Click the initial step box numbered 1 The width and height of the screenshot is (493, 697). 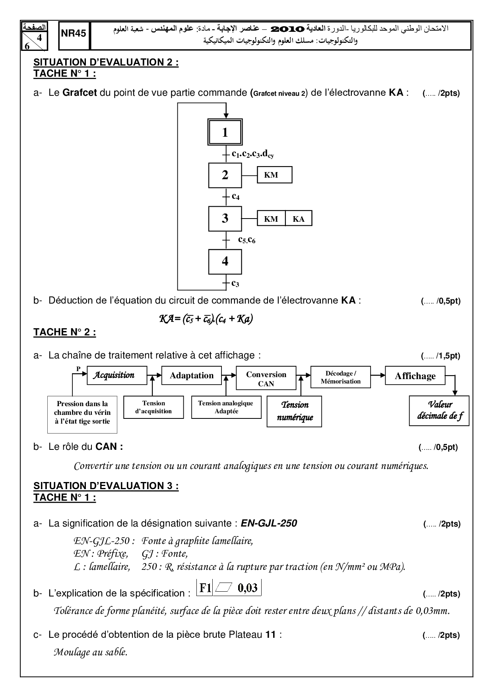coord(225,132)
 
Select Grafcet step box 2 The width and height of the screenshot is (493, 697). coord(225,175)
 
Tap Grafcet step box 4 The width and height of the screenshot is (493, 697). coord(225,261)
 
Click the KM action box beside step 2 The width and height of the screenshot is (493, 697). coord(274,175)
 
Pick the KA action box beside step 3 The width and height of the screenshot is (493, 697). coord(298,219)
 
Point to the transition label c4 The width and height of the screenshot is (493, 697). coord(236,196)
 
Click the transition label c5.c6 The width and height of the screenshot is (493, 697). coord(246,240)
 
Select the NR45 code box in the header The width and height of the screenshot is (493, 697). coord(74,34)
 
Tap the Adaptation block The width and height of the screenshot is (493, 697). coord(192,376)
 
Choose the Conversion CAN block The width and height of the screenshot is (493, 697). coord(266,379)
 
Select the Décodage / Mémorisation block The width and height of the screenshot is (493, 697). coord(340,378)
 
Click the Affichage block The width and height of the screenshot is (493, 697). coord(415,376)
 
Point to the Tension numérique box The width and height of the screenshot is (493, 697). coord(294,411)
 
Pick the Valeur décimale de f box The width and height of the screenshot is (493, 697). coord(439,410)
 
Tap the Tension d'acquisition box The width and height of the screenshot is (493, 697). coord(153,407)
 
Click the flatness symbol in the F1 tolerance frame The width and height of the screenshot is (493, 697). coord(225,588)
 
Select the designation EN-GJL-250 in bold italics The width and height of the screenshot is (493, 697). coord(269,523)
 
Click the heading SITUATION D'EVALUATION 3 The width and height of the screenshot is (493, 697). coord(106,486)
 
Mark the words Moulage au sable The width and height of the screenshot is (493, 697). coord(90,652)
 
